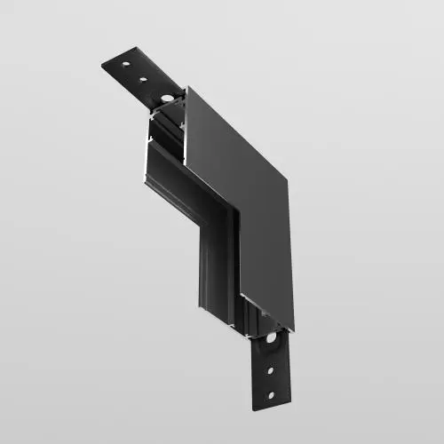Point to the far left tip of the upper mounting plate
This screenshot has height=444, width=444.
coord(102,64)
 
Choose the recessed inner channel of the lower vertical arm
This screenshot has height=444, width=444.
coord(218,266)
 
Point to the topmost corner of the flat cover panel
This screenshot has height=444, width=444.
coord(186,87)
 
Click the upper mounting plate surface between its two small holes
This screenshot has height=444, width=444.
coord(133,72)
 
